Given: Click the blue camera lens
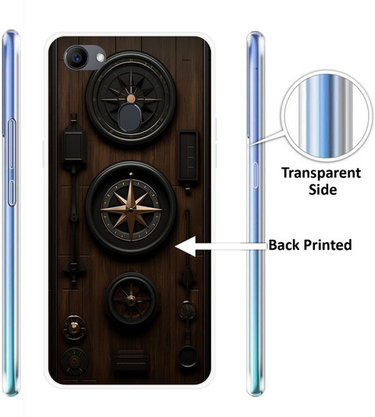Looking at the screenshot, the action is [77, 57].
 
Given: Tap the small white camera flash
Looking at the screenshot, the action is [100, 58].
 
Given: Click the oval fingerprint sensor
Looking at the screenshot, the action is [130, 117].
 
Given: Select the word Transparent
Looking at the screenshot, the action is [321, 173].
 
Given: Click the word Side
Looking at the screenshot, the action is [323, 189].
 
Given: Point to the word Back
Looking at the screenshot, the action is [284, 245].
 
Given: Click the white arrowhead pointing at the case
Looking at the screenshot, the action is [185, 247].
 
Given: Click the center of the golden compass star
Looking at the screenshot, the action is [130, 209].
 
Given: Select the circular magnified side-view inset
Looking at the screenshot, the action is [325, 116].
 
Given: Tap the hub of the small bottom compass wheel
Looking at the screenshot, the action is [131, 300].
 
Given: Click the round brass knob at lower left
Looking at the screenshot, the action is [74, 328].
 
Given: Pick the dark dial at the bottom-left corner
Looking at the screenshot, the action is [75, 361].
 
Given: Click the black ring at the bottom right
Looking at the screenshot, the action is [187, 356].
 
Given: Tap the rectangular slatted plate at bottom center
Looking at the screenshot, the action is [130, 362].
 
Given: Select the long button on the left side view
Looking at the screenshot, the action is [12, 162].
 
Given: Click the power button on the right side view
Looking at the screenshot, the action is [255, 175].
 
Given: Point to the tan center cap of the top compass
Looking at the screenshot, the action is [130, 98].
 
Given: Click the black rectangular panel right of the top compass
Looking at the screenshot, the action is [188, 155].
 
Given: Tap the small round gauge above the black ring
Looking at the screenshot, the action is [187, 310].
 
